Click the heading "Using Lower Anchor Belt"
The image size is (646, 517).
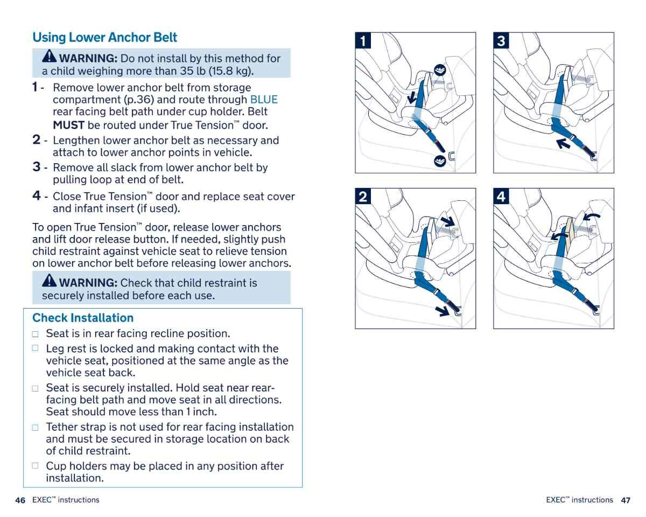[104, 38]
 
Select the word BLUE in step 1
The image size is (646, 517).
[264, 100]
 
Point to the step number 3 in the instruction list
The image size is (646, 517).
[37, 167]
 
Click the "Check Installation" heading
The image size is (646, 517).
[83, 318]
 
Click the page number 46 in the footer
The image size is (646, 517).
[20, 500]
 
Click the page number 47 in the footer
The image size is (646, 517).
[625, 500]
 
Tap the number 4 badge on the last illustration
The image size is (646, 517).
[502, 197]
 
